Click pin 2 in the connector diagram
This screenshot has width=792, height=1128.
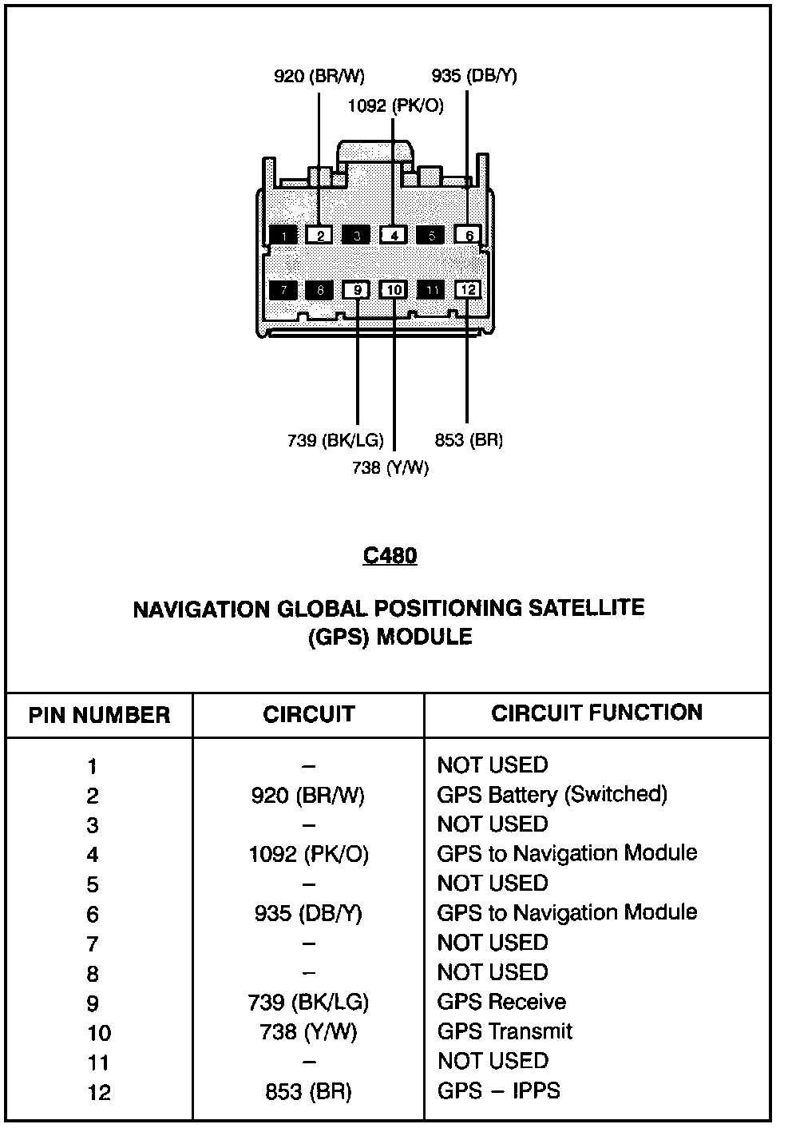319,235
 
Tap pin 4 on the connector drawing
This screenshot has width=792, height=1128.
394,235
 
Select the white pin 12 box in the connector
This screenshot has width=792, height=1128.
468,289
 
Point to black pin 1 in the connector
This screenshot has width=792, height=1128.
283,235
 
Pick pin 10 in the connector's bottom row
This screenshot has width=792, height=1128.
394,289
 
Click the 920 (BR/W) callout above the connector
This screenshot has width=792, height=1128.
319,76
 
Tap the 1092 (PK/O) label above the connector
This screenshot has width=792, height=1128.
396,105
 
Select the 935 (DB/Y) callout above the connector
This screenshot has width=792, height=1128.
474,76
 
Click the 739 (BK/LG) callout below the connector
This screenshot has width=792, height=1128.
335,440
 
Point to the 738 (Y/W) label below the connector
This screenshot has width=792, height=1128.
390,468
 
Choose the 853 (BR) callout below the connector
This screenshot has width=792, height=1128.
469,440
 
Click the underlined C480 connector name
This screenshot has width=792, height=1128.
390,555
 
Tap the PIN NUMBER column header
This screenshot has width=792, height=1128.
100,714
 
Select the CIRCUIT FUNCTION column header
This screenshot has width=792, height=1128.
597,713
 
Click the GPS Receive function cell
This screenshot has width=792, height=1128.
501,1002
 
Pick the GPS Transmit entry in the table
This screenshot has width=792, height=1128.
505,1031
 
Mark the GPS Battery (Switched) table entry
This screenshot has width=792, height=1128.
552,794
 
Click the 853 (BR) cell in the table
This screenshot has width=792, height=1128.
308,1091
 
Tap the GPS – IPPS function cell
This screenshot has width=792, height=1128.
498,1090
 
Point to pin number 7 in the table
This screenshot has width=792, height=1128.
93,944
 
